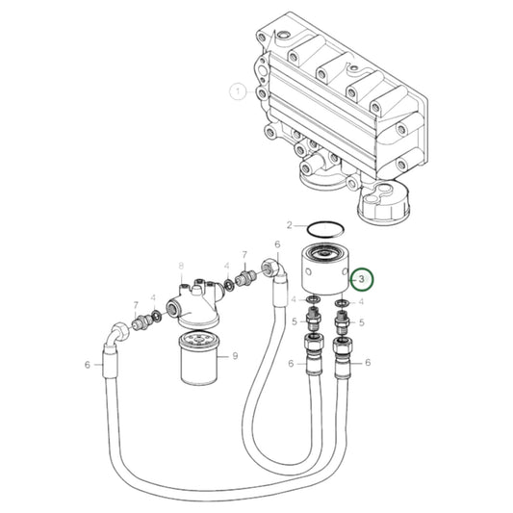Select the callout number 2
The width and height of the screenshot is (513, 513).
point(290,225)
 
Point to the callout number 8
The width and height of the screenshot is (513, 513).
point(180,266)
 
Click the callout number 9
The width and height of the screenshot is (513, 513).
point(234,357)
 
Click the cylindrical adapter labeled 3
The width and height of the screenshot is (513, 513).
point(321,270)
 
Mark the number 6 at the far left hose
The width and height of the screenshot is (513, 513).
point(87,364)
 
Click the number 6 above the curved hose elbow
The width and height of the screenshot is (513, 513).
point(277,245)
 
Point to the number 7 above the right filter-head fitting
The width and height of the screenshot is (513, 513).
point(244,257)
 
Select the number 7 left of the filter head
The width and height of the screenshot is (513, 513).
point(137,304)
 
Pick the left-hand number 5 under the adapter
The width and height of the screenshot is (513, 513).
point(294,322)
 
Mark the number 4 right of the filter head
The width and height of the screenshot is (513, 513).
point(226,267)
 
